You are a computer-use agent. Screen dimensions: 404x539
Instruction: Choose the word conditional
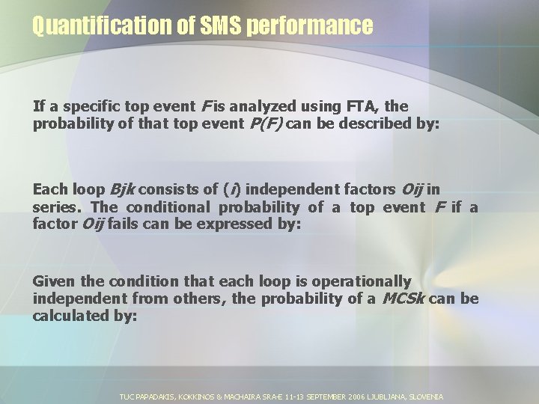pos(168,207)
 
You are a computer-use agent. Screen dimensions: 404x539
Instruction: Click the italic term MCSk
pos(404,299)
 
